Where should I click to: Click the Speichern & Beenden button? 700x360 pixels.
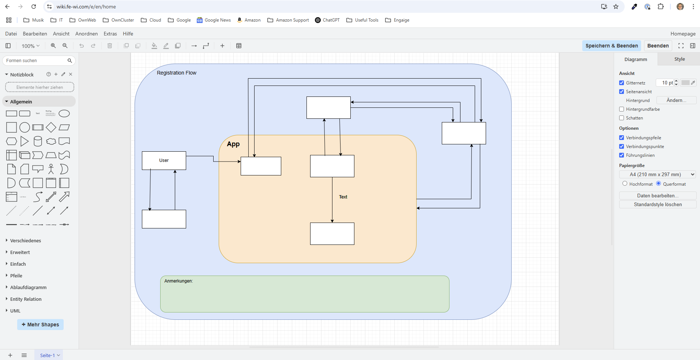[611, 46]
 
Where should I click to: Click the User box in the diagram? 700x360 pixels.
[164, 160]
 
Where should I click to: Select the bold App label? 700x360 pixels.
[233, 144]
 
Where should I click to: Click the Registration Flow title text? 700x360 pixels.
[177, 73]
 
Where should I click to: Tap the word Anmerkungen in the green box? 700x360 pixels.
[178, 281]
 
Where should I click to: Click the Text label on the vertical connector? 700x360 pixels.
[343, 197]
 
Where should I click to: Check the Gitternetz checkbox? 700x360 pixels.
[621, 83]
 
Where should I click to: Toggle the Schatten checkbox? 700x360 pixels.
[621, 118]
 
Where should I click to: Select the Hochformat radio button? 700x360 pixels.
[625, 183]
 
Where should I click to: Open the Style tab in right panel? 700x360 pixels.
[679, 59]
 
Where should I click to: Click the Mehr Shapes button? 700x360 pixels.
[40, 325]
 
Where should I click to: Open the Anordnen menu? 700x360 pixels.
[86, 34]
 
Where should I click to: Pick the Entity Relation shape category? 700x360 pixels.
[26, 299]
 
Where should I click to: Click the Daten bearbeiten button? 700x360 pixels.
[657, 196]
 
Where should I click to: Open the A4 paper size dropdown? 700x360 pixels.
[657, 174]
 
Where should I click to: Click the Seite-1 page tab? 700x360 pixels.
[48, 355]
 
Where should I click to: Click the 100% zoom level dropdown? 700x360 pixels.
[30, 46]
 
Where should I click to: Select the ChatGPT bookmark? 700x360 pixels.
[327, 20]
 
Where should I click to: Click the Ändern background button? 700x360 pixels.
[676, 100]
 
